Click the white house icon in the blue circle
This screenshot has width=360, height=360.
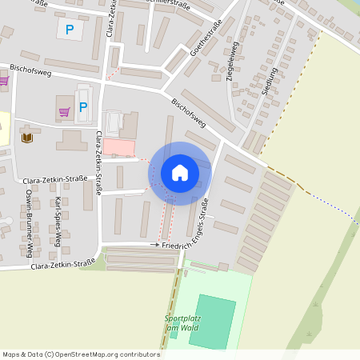point(179,173)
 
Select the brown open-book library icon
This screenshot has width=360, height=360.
point(28,138)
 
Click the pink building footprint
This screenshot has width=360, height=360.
point(119,148)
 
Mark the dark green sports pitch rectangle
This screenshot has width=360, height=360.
point(213,321)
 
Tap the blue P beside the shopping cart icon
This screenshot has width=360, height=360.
point(83,106)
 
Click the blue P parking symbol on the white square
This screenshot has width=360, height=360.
point(70,30)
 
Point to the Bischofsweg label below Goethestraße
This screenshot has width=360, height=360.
point(189,114)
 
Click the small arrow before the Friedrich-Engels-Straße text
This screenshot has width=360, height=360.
point(154,243)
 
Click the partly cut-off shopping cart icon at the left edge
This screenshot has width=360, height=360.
point(3,81)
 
